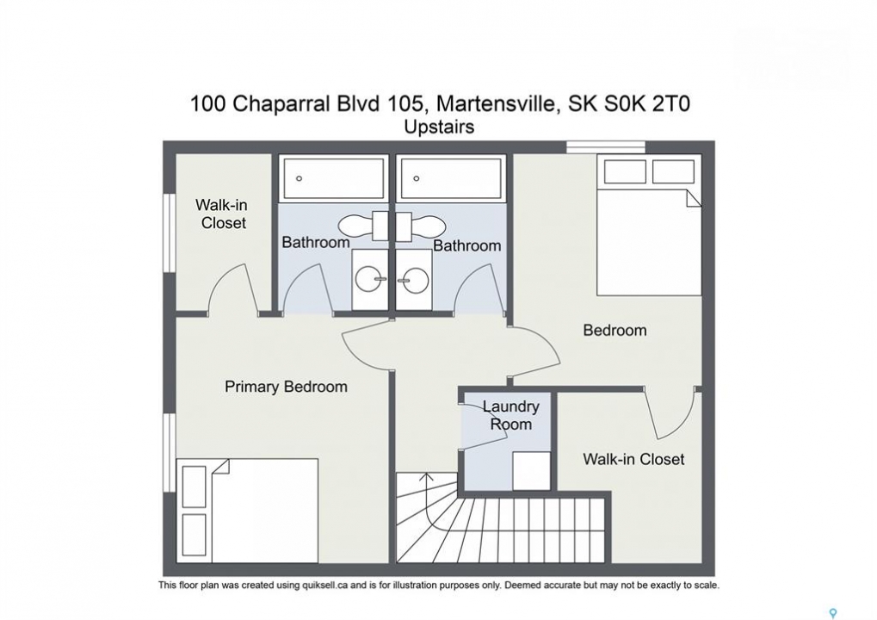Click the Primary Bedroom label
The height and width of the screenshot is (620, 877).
[x=286, y=387]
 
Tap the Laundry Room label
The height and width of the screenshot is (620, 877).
[x=510, y=415]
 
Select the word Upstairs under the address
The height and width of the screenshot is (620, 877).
[x=439, y=127]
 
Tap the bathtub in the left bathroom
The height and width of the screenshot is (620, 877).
[x=334, y=178]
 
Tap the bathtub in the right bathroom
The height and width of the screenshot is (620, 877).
[x=451, y=178]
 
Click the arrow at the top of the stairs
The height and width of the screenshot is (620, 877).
[x=427, y=475]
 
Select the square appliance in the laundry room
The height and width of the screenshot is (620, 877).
[x=531, y=471]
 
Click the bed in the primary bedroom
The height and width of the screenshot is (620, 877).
[x=247, y=511]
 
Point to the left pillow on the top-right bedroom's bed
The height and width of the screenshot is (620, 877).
[x=625, y=171]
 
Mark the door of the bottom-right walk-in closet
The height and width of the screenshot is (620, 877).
[x=672, y=412]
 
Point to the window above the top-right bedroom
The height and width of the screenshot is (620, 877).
[x=606, y=146]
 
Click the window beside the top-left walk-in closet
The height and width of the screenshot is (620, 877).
[x=169, y=233]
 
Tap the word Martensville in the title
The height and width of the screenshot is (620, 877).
[x=499, y=104]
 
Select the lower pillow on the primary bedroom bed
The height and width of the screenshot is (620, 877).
[x=195, y=535]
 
